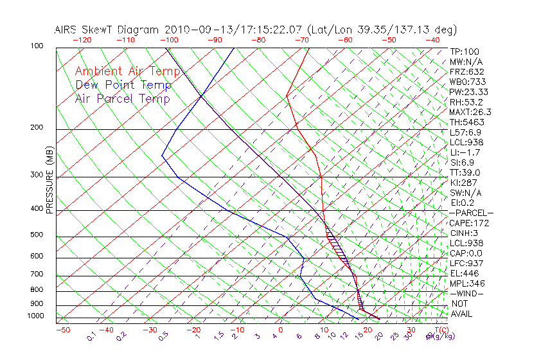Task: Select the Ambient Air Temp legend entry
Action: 127,71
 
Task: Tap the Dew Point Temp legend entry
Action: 123,85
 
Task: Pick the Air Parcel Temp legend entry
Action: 122,98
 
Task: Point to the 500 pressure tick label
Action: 37,235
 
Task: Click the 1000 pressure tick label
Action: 35,316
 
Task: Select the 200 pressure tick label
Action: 37,128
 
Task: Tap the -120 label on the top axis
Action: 82,40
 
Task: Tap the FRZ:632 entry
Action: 466,72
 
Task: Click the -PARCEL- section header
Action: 471,213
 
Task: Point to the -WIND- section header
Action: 466,293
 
